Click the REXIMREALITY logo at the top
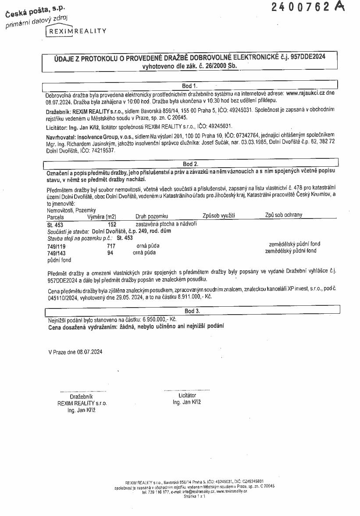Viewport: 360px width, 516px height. (77, 31)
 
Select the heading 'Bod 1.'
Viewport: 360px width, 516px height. (189, 86)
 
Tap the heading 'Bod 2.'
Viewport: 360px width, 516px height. (190, 164)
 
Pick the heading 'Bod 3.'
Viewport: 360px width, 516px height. (192, 311)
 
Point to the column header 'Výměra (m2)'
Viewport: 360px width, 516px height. (102, 217)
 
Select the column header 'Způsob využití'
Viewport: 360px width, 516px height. (219, 215)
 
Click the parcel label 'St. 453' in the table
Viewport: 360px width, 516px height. (55, 225)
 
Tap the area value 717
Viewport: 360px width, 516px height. (111, 246)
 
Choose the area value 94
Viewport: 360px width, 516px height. (110, 253)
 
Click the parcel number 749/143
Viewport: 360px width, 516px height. (56, 253)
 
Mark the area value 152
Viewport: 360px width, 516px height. (112, 225)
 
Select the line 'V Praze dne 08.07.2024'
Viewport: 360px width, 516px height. (75, 352)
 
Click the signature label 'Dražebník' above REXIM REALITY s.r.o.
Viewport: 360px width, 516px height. (81, 397)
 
